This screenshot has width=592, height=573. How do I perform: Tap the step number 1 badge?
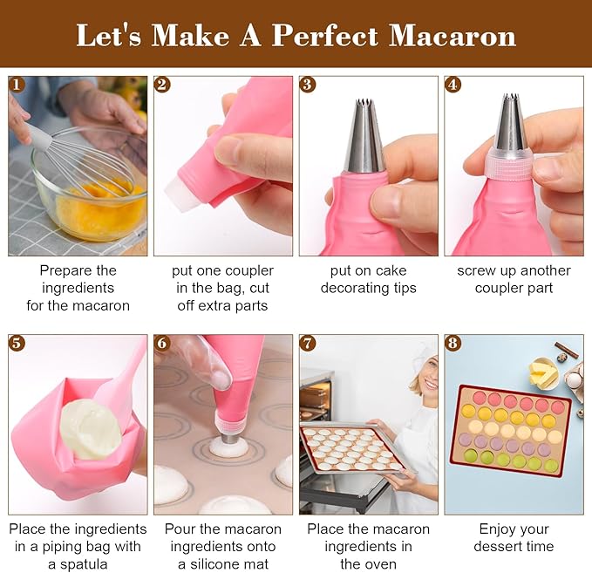pyautogui.click(x=17, y=85)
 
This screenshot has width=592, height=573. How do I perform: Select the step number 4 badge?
pyautogui.click(x=453, y=85)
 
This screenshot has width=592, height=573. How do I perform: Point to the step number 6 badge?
pyautogui.click(x=162, y=343)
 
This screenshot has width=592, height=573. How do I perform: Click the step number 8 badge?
pyautogui.click(x=453, y=343)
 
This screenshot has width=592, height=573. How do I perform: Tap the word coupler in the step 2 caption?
pyautogui.click(x=248, y=270)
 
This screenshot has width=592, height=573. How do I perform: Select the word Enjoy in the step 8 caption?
pyautogui.click(x=500, y=529)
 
